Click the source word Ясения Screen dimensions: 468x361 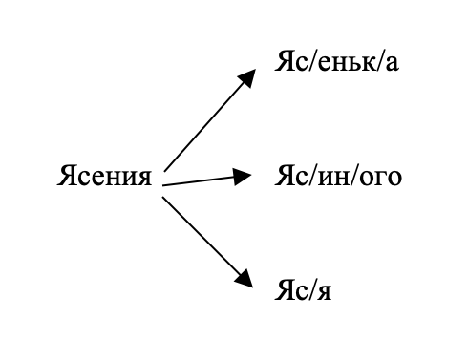coord(105,177)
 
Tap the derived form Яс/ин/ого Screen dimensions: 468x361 coord(338,177)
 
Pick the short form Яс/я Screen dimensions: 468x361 coord(303,289)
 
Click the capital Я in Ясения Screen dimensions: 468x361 coord(67,176)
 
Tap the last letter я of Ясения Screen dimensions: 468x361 coord(145,179)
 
